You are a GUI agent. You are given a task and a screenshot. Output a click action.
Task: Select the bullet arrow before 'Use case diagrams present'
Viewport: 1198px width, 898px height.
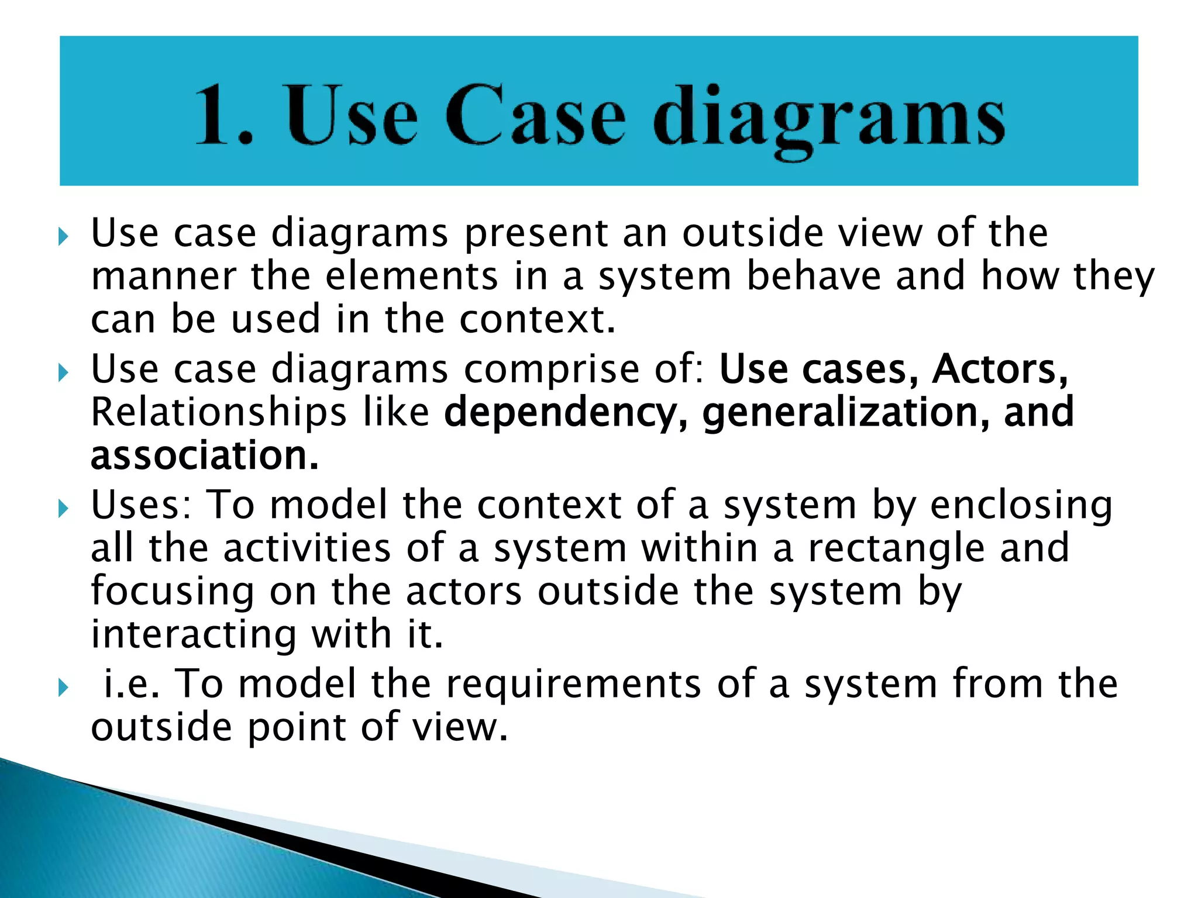(x=64, y=237)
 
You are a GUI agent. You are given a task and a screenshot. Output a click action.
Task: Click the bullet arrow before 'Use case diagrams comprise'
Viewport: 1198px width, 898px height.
(x=64, y=373)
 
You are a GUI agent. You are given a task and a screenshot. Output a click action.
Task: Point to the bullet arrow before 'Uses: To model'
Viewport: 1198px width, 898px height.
(x=64, y=509)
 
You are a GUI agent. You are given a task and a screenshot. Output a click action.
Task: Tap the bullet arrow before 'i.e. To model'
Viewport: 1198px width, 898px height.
(x=64, y=688)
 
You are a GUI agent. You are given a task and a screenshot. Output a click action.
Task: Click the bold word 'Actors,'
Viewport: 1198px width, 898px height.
(x=1000, y=369)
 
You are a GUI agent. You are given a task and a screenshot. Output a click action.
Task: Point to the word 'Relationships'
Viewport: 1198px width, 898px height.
(x=219, y=413)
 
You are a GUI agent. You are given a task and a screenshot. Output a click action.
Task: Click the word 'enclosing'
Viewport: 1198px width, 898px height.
(x=1021, y=506)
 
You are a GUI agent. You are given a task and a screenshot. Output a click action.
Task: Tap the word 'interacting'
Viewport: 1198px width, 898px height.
(x=194, y=635)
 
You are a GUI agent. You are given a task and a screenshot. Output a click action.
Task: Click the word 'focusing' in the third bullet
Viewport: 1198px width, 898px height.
(x=173, y=592)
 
